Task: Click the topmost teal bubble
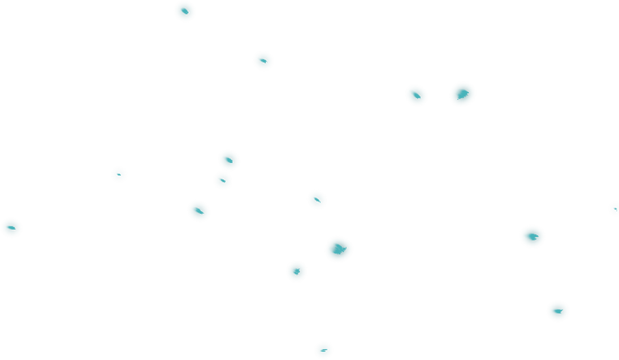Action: click(185, 11)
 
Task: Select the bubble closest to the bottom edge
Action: click(323, 350)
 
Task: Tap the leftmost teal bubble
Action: click(11, 228)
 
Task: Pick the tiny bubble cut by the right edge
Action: click(614, 209)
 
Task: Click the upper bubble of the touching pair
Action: click(228, 160)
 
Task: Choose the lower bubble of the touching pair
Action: click(223, 180)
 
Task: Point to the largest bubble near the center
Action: click(339, 249)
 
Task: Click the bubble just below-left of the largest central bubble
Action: click(296, 271)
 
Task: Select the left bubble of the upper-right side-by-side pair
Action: click(416, 95)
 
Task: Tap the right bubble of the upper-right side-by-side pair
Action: click(462, 94)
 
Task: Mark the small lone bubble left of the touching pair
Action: click(119, 174)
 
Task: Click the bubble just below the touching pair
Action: click(198, 211)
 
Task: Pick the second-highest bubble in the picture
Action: click(263, 60)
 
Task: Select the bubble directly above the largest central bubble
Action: click(317, 199)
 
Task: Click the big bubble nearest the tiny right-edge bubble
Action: click(532, 236)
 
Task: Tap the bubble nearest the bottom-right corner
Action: click(557, 311)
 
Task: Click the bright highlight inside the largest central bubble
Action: click(337, 248)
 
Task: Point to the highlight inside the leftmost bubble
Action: click(10, 228)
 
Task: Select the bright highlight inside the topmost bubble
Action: click(184, 11)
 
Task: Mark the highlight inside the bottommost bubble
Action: click(323, 350)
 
